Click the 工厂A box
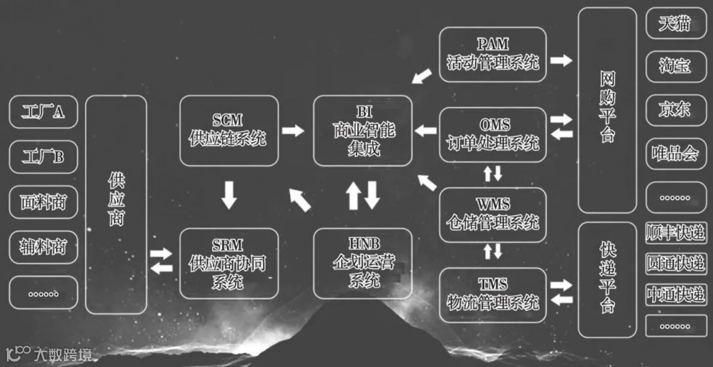[43, 112]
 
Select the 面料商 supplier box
[43, 202]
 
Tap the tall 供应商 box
[116, 204]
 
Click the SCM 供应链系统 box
[229, 130]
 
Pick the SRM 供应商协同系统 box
[229, 263]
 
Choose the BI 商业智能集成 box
[363, 130]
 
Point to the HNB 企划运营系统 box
[363, 263]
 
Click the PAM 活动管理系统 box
[492, 54]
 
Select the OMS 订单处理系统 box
[492, 135]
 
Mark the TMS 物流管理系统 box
[492, 295]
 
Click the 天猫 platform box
[676, 23]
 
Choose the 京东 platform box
[676, 110]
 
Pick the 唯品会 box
[676, 154]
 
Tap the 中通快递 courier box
[676, 294]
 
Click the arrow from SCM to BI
[293, 130]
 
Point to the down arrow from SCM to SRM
[229, 195]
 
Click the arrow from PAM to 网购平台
[561, 60]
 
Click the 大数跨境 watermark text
[62, 354]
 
